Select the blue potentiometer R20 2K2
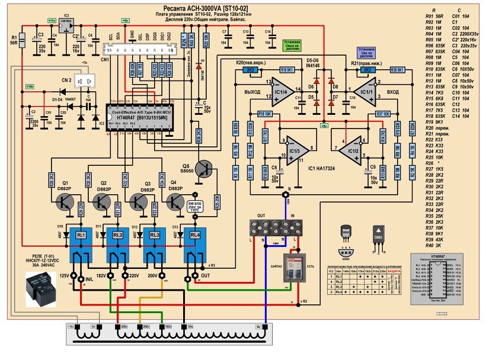click(250, 70)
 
